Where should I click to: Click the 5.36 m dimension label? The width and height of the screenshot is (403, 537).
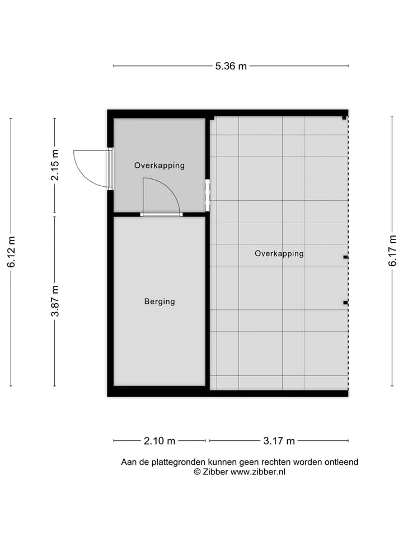coord(231,66)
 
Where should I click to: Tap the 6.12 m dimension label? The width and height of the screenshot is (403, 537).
coord(11,252)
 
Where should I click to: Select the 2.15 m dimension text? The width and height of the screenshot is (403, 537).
coord(55,165)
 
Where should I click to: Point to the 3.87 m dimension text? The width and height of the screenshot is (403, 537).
coord(55,301)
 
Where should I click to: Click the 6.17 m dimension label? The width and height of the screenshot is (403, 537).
coord(392,251)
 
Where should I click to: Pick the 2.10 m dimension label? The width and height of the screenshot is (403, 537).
coord(160,441)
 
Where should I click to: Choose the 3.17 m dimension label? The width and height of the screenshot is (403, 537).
coord(279,441)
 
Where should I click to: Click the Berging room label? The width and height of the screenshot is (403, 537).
coord(160,302)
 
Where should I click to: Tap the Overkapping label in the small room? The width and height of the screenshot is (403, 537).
coord(160,166)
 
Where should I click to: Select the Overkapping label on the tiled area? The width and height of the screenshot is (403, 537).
coord(279,253)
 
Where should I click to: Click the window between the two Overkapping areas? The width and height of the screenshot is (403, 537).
coord(207,195)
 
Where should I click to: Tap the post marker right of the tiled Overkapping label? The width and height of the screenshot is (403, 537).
coord(346,257)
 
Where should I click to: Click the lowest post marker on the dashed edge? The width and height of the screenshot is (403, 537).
coord(345,303)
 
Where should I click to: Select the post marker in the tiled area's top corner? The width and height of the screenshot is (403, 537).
coord(344,118)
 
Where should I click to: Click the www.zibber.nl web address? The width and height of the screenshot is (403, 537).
coord(257,472)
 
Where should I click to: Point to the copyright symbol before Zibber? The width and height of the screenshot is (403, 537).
coord(197,472)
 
